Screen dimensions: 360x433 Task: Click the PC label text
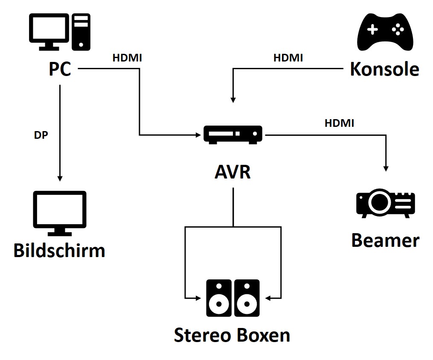(x=60, y=69)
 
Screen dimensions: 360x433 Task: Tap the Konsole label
(x=384, y=69)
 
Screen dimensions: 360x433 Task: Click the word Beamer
(x=385, y=240)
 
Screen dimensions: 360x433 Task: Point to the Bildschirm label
(x=59, y=250)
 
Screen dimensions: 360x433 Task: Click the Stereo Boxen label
(x=232, y=335)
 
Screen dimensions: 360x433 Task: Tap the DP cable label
(x=41, y=135)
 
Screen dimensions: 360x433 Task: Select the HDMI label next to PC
(x=127, y=58)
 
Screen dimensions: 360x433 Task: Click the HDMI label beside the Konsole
(x=288, y=58)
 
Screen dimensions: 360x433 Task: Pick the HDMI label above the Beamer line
(x=339, y=123)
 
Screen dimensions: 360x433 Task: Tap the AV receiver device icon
(x=233, y=135)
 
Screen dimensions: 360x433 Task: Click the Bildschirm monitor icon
(x=60, y=213)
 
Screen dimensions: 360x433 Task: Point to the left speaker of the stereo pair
(x=219, y=298)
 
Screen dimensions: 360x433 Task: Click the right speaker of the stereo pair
(x=247, y=298)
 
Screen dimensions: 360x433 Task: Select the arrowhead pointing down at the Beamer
(x=387, y=168)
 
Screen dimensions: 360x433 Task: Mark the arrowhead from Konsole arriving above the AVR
(x=233, y=99)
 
